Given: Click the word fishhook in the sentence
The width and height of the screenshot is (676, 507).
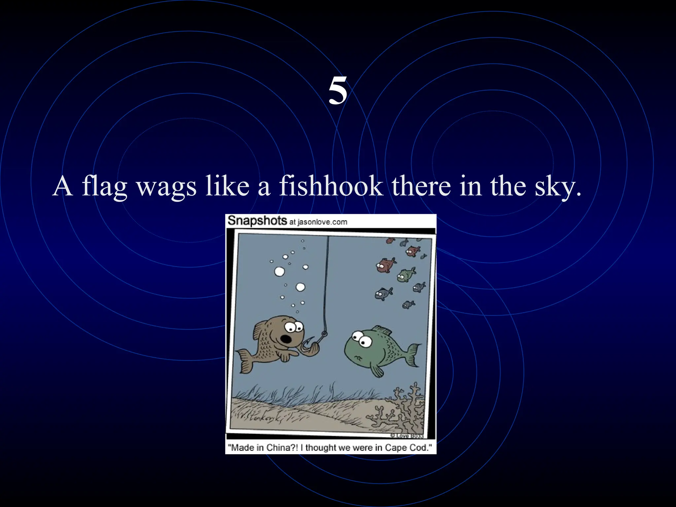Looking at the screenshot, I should click(331, 186).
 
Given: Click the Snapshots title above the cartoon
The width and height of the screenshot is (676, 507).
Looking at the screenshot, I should click(257, 220).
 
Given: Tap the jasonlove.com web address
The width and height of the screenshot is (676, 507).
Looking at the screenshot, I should click(322, 222).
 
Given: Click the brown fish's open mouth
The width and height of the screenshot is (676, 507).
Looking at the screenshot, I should click(285, 339).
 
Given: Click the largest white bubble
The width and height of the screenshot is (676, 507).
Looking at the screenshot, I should click(279, 272).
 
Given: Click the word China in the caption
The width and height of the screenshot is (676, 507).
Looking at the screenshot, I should click(278, 448).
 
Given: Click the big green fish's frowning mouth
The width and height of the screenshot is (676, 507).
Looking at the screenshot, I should click(358, 358).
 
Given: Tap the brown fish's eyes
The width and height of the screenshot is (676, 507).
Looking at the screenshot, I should click(294, 327).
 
